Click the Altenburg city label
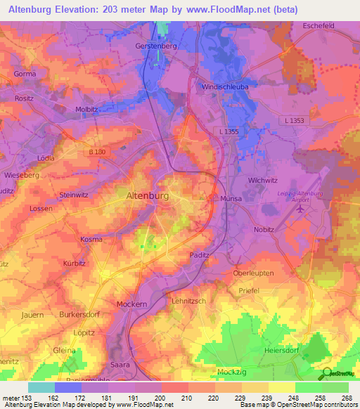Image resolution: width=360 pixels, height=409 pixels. tap(146, 196)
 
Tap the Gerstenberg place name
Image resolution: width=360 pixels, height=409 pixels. tap(155, 46)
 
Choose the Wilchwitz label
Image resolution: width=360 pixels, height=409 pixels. tap(264, 181)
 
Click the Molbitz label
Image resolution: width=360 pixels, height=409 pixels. tap(86, 110)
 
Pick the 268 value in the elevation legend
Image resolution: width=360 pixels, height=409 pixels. tap(346, 398)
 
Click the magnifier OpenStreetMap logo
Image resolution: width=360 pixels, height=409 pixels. tap(326, 374)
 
